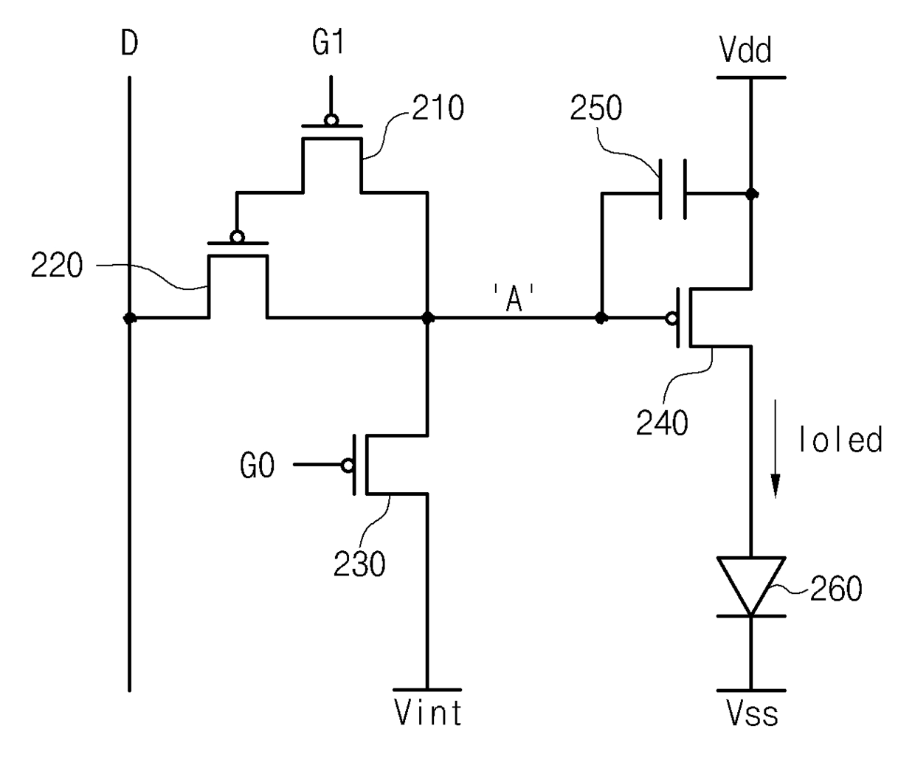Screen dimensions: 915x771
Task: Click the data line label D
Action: coord(130,44)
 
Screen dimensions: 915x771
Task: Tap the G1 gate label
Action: coord(328,43)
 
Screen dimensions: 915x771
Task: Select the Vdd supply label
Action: coord(745,51)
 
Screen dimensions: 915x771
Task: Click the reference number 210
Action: coord(438,108)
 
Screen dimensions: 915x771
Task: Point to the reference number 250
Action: coord(596,108)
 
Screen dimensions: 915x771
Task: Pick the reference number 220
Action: coord(57,265)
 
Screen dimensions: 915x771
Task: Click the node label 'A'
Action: coord(514,298)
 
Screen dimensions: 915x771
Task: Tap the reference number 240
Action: coord(662,423)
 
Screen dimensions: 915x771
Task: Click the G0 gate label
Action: coord(258,465)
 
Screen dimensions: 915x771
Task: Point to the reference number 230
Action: coord(359,564)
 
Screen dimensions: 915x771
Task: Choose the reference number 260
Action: coord(836,589)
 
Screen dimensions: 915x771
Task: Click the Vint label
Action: coord(428,713)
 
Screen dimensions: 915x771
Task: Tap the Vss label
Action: coord(752,713)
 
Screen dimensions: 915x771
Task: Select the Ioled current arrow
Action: coord(776,449)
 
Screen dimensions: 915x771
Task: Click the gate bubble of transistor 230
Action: coord(348,465)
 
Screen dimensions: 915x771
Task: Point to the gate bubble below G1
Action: coord(331,120)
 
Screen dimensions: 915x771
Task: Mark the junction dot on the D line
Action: coord(130,318)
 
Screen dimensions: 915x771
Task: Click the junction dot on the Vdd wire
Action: coord(751,193)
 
